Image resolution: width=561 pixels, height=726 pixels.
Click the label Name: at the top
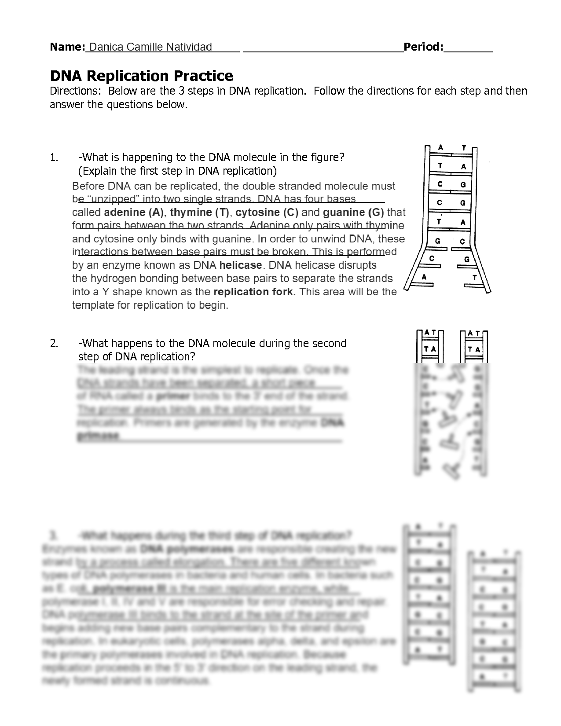67,47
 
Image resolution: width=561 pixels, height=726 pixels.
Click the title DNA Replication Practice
141,76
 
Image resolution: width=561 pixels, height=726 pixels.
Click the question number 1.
54,158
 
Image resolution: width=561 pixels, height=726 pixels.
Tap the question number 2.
54,343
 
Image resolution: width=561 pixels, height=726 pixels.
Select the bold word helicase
241,265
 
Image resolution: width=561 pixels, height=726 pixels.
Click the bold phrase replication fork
253,292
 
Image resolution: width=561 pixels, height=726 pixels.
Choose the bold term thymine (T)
200,213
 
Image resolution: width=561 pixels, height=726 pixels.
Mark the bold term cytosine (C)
267,213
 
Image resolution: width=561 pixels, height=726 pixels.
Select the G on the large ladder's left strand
437,241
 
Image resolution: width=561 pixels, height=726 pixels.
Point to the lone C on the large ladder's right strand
462,241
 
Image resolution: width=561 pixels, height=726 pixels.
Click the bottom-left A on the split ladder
424,277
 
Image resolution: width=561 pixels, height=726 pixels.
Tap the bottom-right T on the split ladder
474,278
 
